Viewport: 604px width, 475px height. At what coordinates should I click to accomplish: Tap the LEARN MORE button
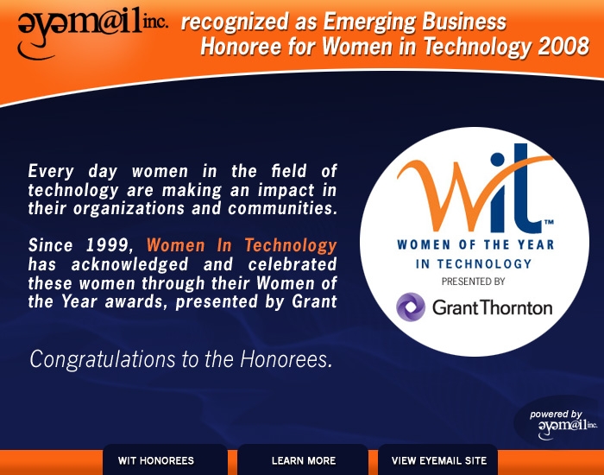tap(303, 459)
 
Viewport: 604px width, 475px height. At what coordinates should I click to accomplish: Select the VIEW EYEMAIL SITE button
tap(438, 459)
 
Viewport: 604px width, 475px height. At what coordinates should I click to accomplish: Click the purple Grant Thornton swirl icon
tap(411, 307)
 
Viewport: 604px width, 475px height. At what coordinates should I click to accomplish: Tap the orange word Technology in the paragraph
tap(291, 246)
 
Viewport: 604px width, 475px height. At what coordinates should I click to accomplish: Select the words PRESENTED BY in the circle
tap(473, 282)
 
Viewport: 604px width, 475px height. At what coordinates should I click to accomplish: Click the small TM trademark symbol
tap(549, 222)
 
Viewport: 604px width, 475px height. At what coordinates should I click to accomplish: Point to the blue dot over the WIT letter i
tap(497, 159)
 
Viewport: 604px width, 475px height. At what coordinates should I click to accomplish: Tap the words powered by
tap(556, 415)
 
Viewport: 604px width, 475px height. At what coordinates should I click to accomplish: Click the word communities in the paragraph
tap(282, 208)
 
